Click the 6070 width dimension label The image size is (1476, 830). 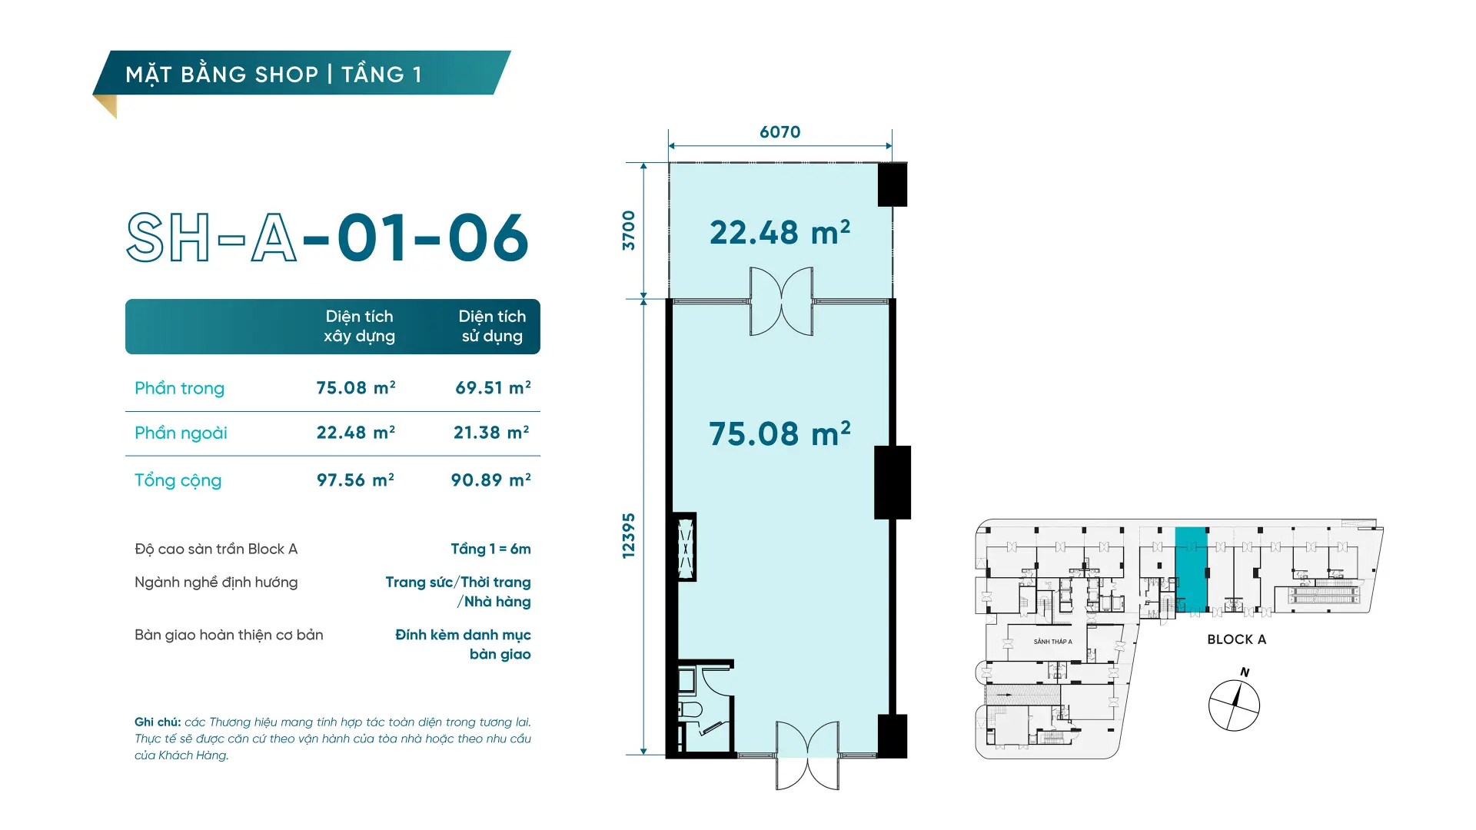(x=780, y=132)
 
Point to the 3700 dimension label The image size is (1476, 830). (x=629, y=231)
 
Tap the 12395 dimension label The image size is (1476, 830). (x=629, y=536)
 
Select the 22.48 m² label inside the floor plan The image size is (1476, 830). (x=780, y=232)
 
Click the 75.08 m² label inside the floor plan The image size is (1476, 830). (x=780, y=433)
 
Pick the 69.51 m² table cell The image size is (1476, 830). (x=493, y=387)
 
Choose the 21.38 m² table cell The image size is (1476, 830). (x=491, y=433)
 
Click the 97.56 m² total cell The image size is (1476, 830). (x=355, y=480)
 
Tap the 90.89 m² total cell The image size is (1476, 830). (x=490, y=480)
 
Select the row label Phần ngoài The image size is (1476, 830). (x=181, y=433)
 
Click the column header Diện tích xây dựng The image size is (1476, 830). (x=359, y=326)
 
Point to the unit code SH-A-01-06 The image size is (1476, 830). (x=327, y=237)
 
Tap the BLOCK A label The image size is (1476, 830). (x=1236, y=639)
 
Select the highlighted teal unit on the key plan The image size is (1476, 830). (x=1191, y=569)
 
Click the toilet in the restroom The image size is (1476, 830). (x=690, y=709)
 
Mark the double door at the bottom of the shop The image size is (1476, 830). (x=807, y=755)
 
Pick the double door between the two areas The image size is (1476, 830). (x=781, y=301)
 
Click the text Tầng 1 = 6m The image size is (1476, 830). (x=490, y=549)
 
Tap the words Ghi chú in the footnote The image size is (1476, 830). (x=158, y=722)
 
